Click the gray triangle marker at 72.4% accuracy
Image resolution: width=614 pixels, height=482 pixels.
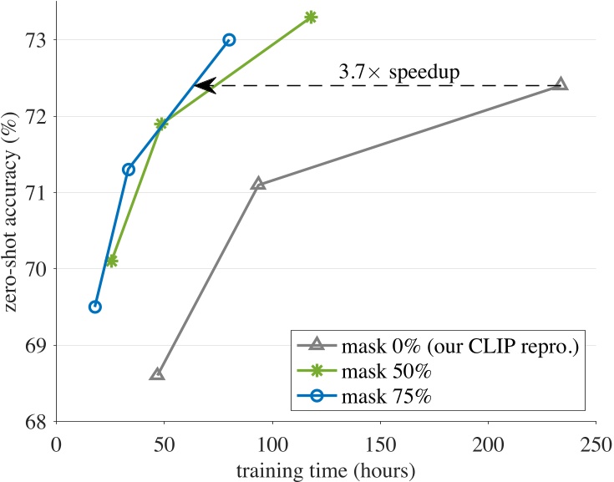coord(561,84)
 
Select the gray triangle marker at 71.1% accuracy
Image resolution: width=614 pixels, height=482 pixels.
coord(258,184)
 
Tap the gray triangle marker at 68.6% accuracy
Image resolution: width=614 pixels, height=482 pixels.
coord(157,374)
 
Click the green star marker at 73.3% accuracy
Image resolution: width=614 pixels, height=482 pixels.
coord(311,17)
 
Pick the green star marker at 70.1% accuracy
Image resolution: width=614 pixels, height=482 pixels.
coord(112,261)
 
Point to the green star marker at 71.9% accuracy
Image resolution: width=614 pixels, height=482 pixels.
coord(161,124)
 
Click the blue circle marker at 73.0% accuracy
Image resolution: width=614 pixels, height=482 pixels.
coord(229,39)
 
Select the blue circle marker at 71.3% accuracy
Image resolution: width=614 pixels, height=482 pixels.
coord(129,170)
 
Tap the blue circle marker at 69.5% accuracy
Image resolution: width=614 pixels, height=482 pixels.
coord(95,307)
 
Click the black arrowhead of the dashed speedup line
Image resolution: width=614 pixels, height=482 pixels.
coord(203,85)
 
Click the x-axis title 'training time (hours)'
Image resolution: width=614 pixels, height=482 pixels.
coord(326,469)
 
